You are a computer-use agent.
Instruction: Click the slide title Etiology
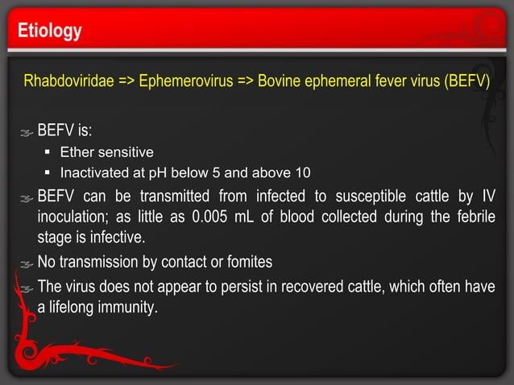50,31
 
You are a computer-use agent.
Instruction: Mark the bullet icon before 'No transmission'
27,263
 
